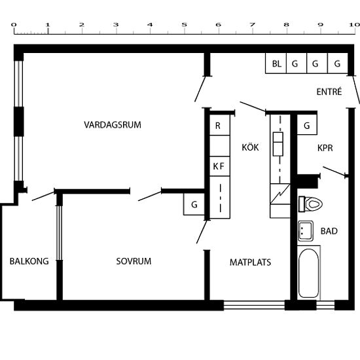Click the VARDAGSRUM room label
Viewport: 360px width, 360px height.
tap(113, 125)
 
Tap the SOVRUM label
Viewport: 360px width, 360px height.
tap(134, 261)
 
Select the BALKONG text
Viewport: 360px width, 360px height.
tap(29, 261)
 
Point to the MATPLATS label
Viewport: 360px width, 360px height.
tap(250, 262)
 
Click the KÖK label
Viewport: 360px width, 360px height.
tap(250, 147)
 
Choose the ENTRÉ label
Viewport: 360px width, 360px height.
tap(329, 92)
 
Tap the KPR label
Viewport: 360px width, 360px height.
tap(325, 148)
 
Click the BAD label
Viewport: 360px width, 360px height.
tap(329, 231)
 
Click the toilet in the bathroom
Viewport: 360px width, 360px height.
tap(310, 204)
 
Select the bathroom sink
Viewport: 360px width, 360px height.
tap(306, 231)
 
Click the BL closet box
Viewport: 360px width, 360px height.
tap(276, 63)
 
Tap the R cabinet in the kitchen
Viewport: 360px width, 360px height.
tap(220, 125)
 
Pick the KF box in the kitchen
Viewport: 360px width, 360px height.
tap(220, 166)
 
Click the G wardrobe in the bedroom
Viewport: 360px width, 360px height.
tap(194, 204)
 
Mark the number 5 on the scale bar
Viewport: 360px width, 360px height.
tap(184, 25)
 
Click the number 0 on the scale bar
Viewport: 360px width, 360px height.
tap(14, 25)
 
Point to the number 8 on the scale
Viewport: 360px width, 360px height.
tap(286, 25)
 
